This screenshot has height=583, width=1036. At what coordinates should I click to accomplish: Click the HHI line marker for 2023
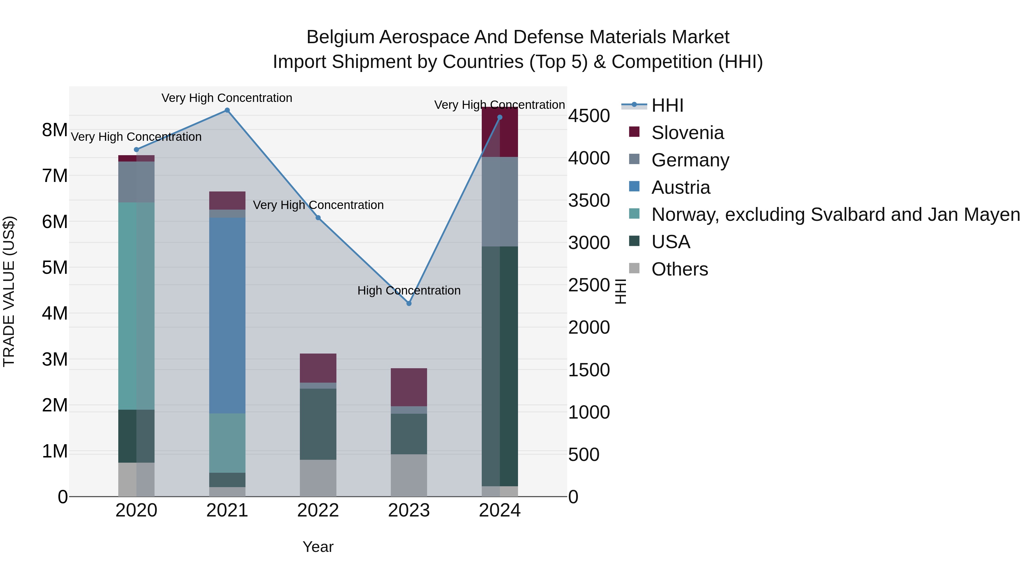click(x=409, y=303)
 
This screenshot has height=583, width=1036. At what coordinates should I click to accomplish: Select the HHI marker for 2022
click(x=318, y=218)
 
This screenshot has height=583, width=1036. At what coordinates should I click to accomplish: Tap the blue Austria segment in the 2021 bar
click(x=227, y=316)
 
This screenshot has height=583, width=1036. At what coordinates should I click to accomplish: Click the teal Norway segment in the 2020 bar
click(x=136, y=306)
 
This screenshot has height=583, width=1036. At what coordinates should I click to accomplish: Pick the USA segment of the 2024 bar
click(x=500, y=366)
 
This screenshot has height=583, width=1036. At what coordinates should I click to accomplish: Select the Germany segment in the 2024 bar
click(x=500, y=202)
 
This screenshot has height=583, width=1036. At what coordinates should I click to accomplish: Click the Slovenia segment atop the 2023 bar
click(x=409, y=387)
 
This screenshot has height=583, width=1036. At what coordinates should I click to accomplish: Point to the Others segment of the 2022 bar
click(x=318, y=478)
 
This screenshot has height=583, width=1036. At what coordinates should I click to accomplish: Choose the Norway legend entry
click(x=835, y=214)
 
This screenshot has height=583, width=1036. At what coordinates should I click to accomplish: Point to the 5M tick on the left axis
click(x=55, y=267)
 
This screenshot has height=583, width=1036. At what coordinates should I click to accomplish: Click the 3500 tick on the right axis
click(x=589, y=200)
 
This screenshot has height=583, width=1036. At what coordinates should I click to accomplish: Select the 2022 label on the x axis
click(x=318, y=510)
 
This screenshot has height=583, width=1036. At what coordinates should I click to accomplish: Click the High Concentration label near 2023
click(x=409, y=290)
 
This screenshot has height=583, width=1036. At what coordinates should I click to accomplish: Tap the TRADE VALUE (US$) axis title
click(x=9, y=291)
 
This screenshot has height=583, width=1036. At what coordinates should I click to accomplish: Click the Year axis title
click(x=318, y=547)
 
